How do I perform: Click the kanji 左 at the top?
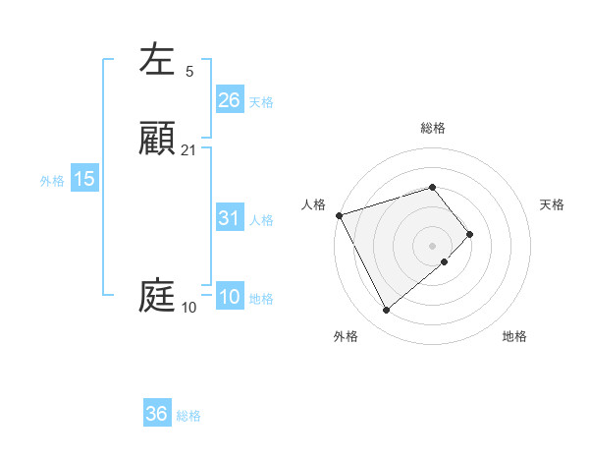click(x=157, y=60)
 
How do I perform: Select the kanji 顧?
click(x=157, y=139)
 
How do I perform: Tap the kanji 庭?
click(x=157, y=296)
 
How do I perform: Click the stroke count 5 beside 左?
click(x=189, y=72)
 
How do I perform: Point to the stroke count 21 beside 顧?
click(x=189, y=150)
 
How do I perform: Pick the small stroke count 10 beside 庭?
click(x=189, y=308)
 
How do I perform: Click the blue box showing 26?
click(x=229, y=100)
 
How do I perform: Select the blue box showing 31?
click(x=229, y=218)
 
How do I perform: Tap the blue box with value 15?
click(x=84, y=179)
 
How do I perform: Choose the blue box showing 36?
click(x=157, y=414)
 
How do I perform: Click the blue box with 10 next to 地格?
click(x=229, y=298)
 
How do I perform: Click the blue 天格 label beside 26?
click(x=261, y=101)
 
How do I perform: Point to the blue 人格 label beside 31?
click(x=261, y=220)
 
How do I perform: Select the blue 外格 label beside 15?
click(x=52, y=181)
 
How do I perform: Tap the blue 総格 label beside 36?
click(x=188, y=416)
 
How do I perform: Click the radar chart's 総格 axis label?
click(x=433, y=128)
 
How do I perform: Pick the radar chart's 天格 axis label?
click(x=552, y=204)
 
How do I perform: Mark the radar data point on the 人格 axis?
click(x=339, y=215)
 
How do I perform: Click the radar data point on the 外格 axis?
click(x=386, y=311)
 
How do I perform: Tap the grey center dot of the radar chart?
click(x=432, y=245)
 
